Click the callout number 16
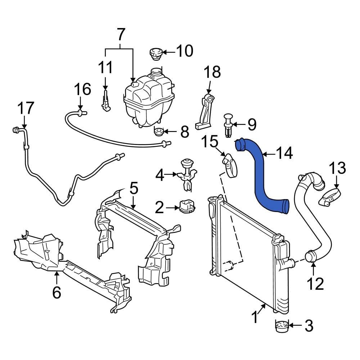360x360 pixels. [83, 89]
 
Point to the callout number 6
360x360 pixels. [57, 292]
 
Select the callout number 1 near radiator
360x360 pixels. [255, 317]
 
